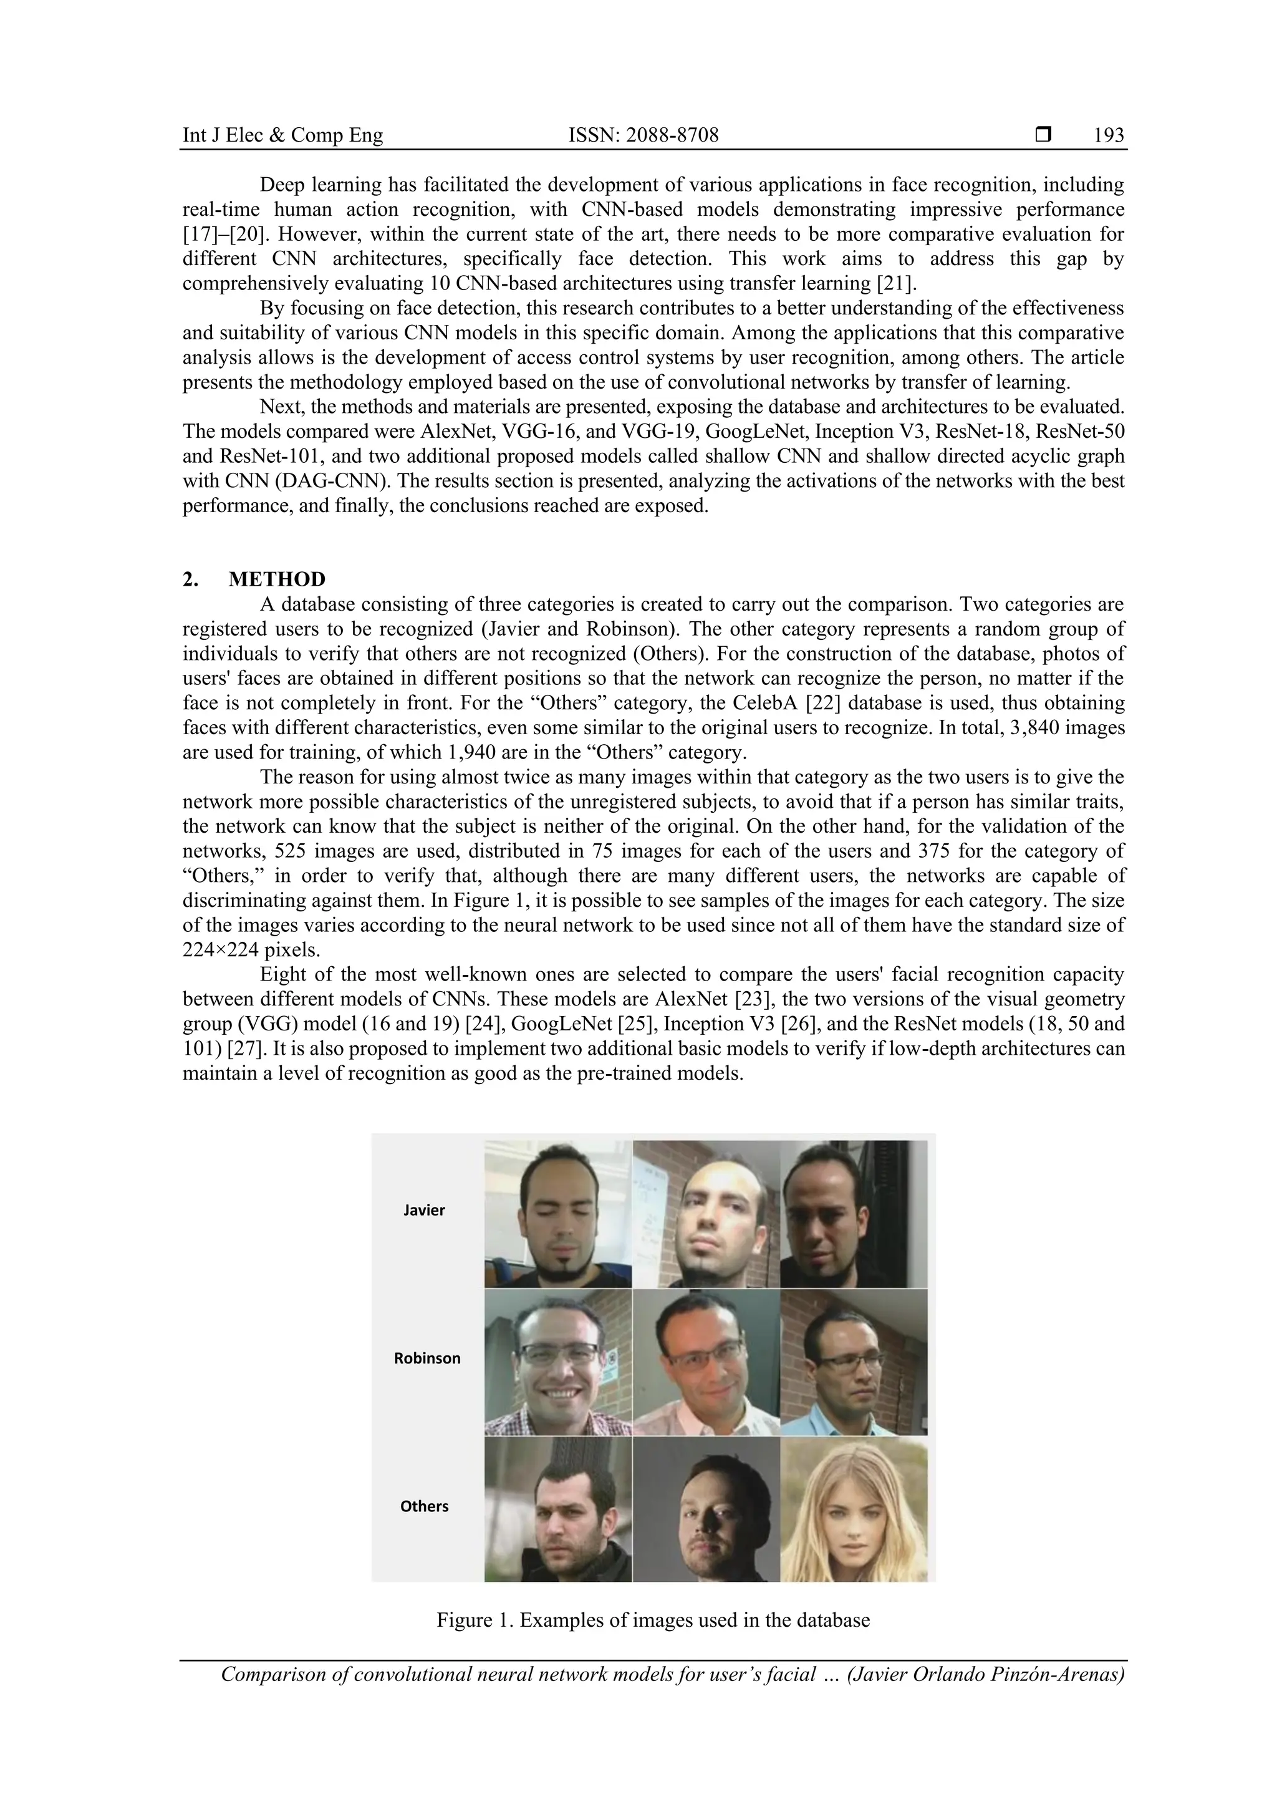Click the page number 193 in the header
click(1109, 135)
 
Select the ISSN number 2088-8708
click(643, 135)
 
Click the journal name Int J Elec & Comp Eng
click(282, 135)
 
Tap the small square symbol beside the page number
click(1043, 135)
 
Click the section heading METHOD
click(276, 579)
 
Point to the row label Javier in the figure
click(424, 1211)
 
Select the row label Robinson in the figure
click(427, 1358)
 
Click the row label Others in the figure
click(424, 1506)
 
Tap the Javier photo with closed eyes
click(558, 1214)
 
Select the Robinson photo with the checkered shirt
click(558, 1362)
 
